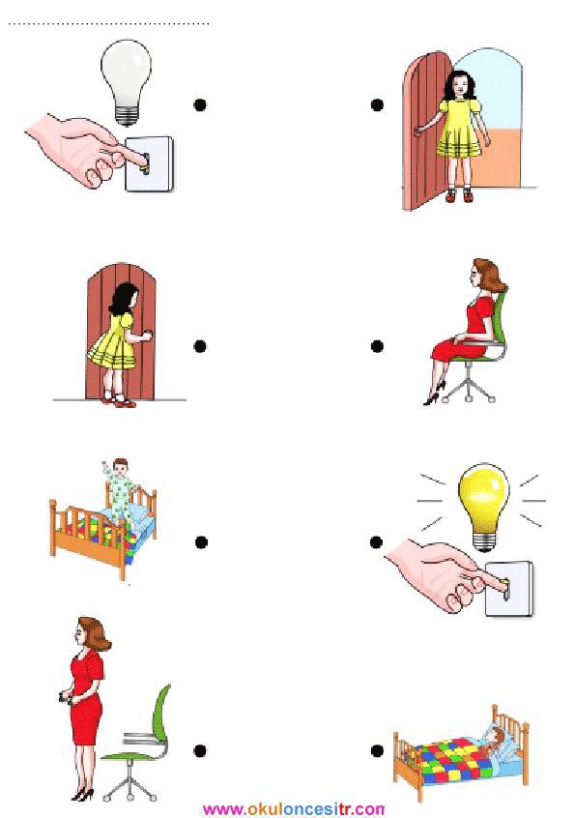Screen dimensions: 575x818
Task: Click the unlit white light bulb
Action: point(127,81)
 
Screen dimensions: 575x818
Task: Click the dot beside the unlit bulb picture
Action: point(200,104)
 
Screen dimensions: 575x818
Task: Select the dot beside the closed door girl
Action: point(200,346)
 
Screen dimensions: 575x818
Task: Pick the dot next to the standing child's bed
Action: point(201,542)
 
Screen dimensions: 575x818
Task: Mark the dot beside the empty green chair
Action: point(200,750)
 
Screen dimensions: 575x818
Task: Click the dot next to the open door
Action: point(377,104)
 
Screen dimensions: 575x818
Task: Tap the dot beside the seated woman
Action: point(377,346)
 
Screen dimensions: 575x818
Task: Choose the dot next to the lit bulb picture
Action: point(376,542)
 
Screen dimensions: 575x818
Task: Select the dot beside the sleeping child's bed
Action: point(377,750)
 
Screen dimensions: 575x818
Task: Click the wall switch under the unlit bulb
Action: point(149,163)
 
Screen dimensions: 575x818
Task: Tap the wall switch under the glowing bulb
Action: point(508,588)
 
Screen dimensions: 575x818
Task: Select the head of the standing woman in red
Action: point(92,633)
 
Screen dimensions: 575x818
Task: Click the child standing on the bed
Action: point(122,490)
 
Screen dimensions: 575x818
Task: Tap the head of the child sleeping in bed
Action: point(497,737)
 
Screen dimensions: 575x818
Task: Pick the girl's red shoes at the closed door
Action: point(120,400)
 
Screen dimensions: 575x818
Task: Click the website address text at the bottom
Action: point(294,809)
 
